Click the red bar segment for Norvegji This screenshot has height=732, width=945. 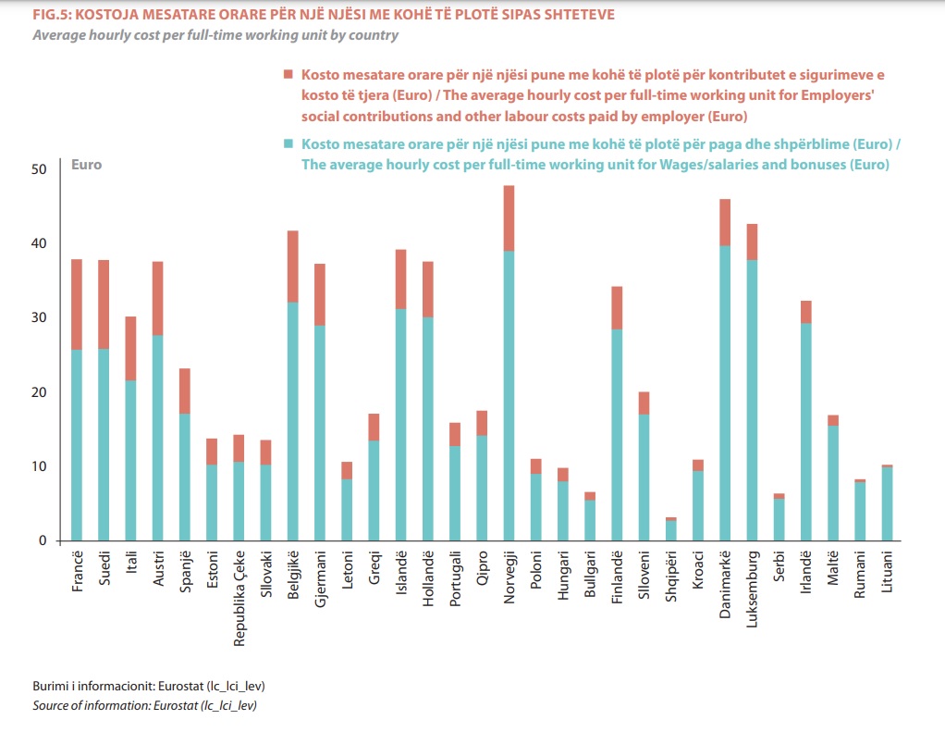click(509, 218)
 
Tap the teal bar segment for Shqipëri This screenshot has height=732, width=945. click(670, 531)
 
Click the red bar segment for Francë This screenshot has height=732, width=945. click(77, 304)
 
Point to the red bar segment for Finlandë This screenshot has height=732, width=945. click(617, 308)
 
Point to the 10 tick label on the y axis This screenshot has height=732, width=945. click(38, 466)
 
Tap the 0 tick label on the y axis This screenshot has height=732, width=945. click(42, 541)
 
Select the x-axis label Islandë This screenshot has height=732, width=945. click(400, 573)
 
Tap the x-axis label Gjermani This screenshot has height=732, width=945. click(320, 578)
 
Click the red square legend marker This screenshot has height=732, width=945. click(288, 74)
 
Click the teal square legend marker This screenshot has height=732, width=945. click(288, 144)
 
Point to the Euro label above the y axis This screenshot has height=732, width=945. click(87, 165)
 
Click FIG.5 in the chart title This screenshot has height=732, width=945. click(50, 16)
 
